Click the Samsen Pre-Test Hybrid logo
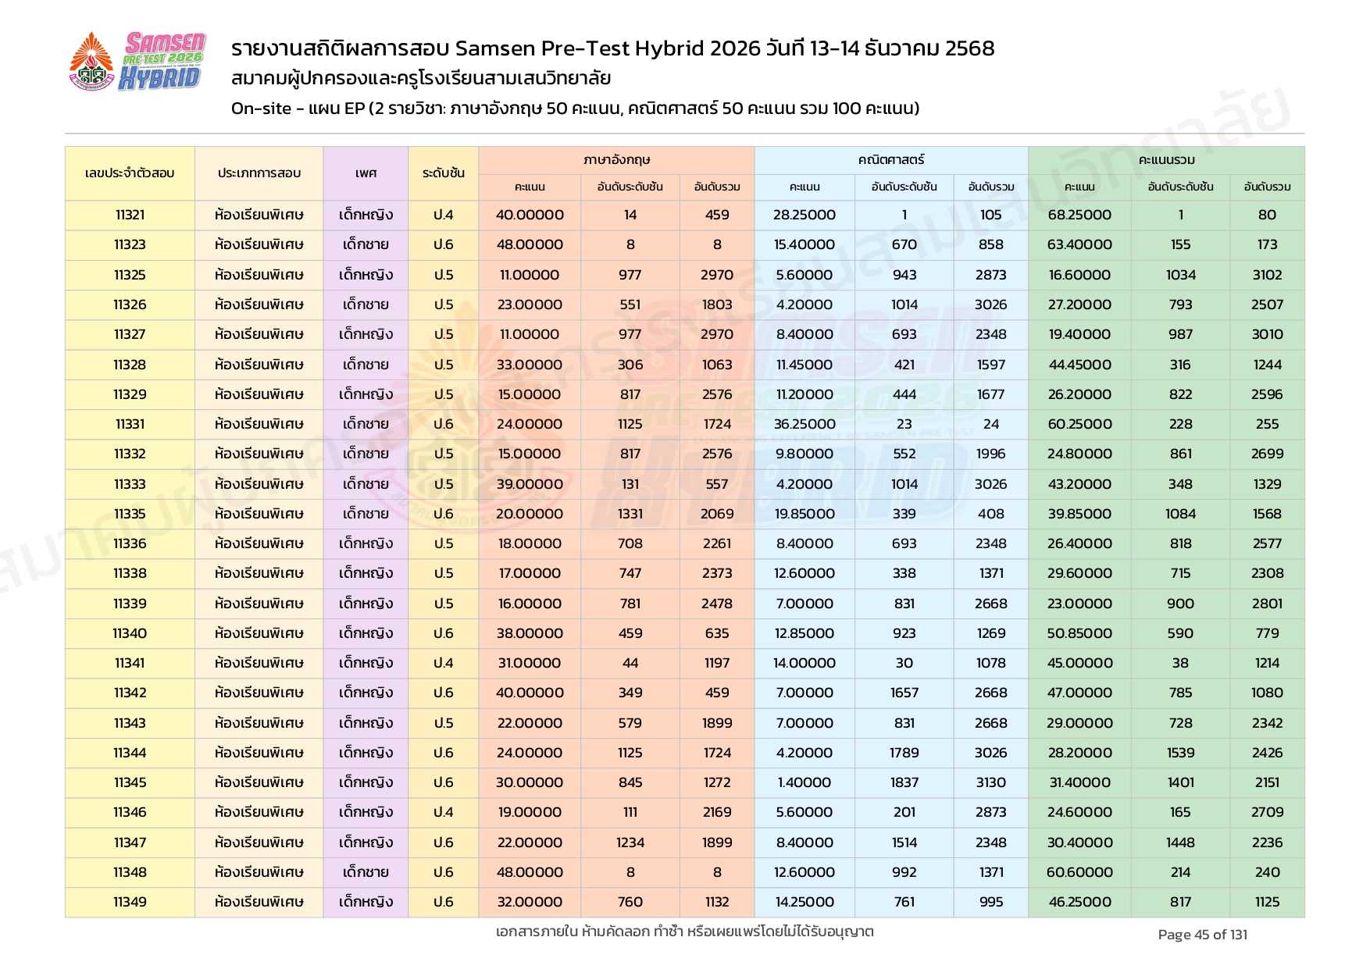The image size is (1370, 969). click(x=137, y=62)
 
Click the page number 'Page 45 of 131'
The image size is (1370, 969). click(x=1202, y=935)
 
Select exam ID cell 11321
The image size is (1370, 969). click(x=130, y=215)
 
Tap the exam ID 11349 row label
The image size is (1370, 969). click(x=130, y=902)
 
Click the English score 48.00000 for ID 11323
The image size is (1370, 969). click(x=530, y=244)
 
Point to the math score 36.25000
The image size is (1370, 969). click(x=804, y=424)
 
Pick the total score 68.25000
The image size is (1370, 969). click(x=1079, y=215)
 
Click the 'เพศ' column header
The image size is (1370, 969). click(x=366, y=173)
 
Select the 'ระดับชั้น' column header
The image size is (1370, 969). click(x=443, y=173)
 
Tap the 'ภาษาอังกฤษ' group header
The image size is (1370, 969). click(x=616, y=160)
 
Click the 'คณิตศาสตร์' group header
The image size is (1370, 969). click(x=890, y=160)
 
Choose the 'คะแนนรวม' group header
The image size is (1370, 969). click(x=1166, y=160)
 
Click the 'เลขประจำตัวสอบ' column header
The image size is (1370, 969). click(x=130, y=173)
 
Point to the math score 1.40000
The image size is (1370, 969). click(x=804, y=782)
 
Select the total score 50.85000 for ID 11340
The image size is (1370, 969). click(x=1079, y=633)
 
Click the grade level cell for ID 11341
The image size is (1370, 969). click(x=443, y=663)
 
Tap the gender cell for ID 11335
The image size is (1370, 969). click(x=366, y=514)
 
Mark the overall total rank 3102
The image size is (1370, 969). click(x=1267, y=275)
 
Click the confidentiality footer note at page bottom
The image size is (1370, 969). click(x=684, y=932)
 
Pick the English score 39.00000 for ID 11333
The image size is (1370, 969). click(x=530, y=484)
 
